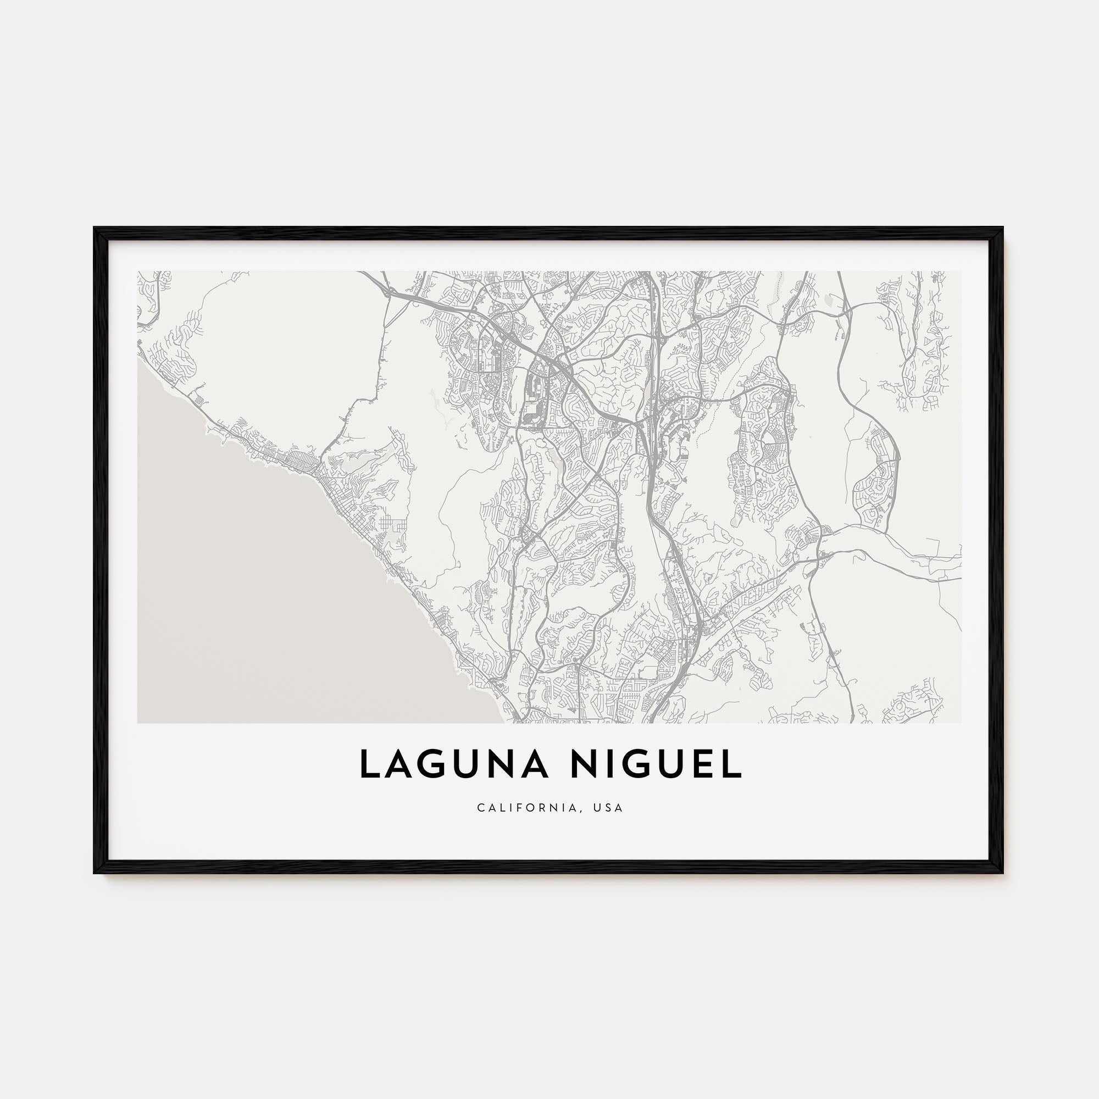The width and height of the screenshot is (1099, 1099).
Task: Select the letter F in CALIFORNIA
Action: pyautogui.click(x=523, y=808)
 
